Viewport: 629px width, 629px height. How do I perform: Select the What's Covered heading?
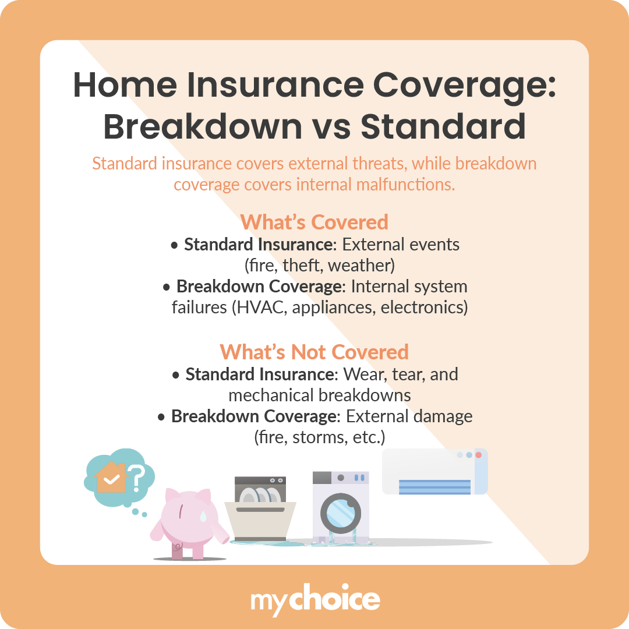(x=314, y=222)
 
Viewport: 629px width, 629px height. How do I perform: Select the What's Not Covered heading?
(x=314, y=352)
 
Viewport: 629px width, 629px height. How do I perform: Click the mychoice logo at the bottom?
(x=315, y=600)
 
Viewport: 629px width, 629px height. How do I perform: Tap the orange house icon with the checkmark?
(x=111, y=479)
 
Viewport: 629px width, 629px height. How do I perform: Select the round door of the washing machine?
(x=341, y=513)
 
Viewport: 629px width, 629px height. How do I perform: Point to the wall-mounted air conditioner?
(x=434, y=472)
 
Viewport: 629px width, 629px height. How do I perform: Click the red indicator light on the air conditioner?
(x=479, y=455)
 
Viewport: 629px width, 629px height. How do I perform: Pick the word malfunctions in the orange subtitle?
(x=402, y=185)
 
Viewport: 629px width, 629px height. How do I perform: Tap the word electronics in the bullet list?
(x=424, y=308)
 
